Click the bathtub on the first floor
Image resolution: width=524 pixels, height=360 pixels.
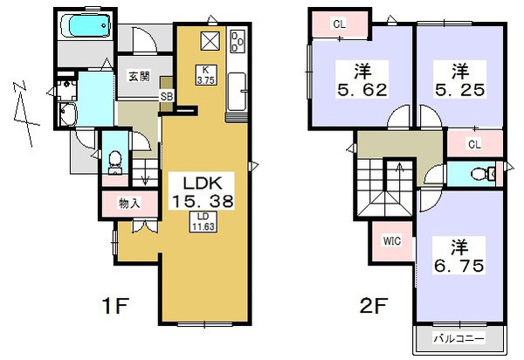pyautogui.click(x=86, y=25)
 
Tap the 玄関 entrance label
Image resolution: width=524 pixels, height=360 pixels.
pyautogui.click(x=139, y=77)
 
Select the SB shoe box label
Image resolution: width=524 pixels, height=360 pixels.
pyautogui.click(x=167, y=96)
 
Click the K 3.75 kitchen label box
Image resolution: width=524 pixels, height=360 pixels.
pyautogui.click(x=206, y=75)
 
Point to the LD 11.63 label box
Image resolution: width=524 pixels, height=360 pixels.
pyautogui.click(x=203, y=222)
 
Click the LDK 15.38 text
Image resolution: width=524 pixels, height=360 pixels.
pyautogui.click(x=202, y=191)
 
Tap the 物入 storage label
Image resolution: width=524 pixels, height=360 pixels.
pyautogui.click(x=129, y=204)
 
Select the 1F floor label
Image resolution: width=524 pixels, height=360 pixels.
pyautogui.click(x=115, y=305)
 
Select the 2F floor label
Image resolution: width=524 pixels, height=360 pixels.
pyautogui.click(x=373, y=305)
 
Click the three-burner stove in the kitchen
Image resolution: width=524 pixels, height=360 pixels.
pyautogui.click(x=238, y=41)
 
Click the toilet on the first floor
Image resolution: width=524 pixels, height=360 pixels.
pyautogui.click(x=115, y=163)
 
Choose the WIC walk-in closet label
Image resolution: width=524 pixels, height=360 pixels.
pyautogui.click(x=391, y=241)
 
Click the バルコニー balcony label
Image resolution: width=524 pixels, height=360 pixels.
pyautogui.click(x=458, y=339)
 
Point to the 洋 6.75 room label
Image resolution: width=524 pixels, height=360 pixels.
pyautogui.click(x=458, y=256)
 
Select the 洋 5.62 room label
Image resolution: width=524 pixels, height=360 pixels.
pyautogui.click(x=362, y=80)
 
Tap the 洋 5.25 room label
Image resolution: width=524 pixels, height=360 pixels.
pyautogui.click(x=459, y=80)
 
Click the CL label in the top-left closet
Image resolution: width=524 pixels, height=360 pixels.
pyautogui.click(x=339, y=24)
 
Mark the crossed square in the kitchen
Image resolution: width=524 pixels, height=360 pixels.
pyautogui.click(x=210, y=41)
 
